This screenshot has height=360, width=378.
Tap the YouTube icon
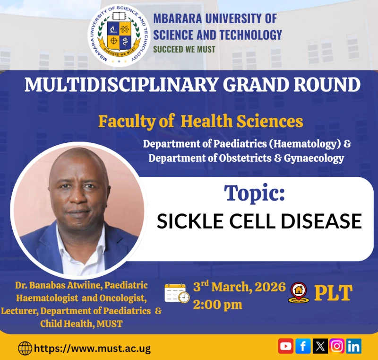(285, 346)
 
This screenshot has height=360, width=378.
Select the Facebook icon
(303, 346)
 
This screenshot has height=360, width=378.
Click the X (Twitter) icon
(320, 346)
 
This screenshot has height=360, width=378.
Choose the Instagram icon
(336, 346)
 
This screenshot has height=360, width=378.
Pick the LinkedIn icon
(353, 346)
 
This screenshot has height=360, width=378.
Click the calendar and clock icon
(177, 293)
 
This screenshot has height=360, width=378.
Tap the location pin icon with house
(299, 292)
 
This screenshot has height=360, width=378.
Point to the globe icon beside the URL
(25, 349)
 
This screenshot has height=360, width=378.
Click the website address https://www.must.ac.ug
(93, 349)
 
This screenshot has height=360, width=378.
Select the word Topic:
(255, 193)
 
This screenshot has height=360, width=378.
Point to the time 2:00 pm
(217, 305)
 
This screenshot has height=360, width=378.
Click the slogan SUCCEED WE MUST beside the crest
(184, 49)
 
